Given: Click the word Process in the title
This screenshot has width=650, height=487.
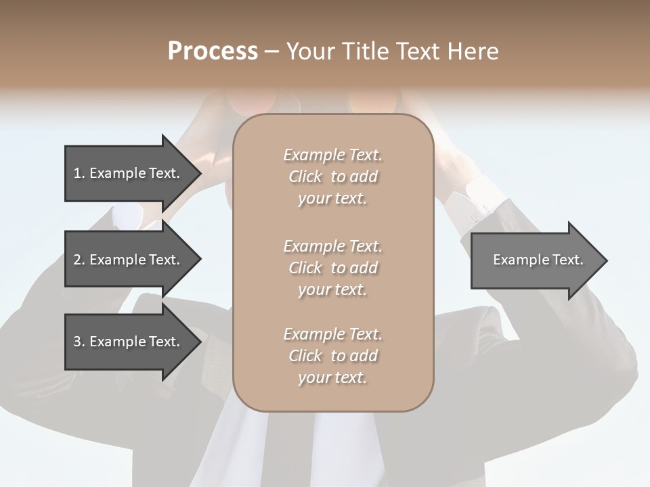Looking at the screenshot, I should coord(213,51).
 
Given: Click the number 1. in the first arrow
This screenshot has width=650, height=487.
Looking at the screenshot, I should coord(79,173).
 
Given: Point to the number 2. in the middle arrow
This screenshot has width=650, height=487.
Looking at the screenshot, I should coord(79,260).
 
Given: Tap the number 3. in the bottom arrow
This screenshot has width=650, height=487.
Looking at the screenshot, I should coord(79,342).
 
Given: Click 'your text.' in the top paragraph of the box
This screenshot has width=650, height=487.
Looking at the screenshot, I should coord(332,199).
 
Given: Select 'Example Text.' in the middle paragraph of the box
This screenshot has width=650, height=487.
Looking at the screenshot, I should coord(332,246).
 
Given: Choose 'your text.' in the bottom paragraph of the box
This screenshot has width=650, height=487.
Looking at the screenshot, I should coord(332,378).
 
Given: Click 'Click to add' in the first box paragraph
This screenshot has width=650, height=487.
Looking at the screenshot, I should coord(332,177).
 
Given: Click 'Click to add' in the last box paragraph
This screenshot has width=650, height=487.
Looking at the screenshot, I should coord(332,356).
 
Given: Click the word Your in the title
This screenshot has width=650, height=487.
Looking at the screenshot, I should coord(311,51).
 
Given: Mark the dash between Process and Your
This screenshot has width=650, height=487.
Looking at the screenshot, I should coord(272,51).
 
